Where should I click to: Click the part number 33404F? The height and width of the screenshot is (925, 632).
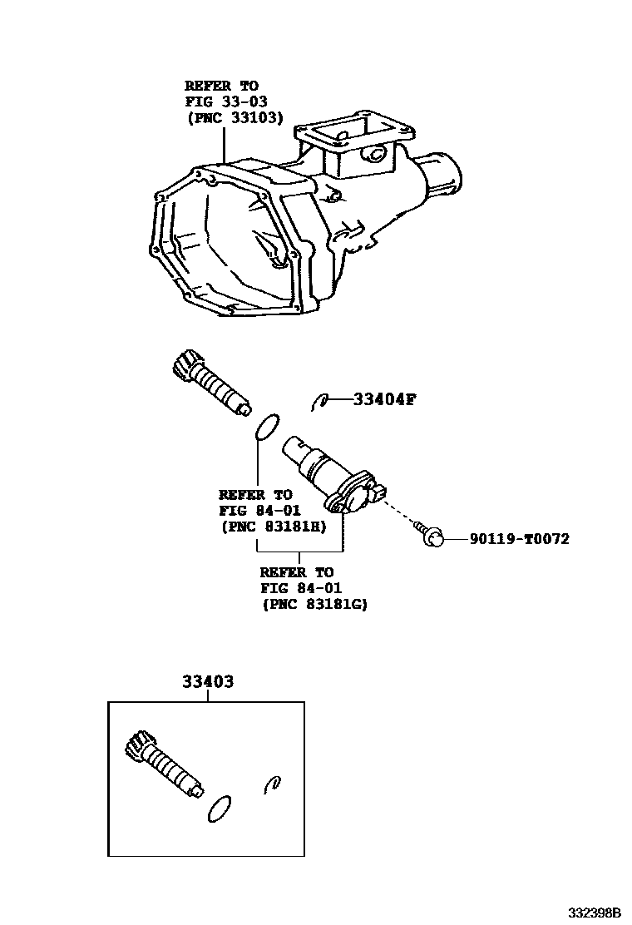tap(383, 399)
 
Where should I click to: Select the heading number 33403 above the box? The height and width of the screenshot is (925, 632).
tap(207, 682)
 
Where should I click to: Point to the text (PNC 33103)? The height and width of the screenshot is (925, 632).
tap(234, 118)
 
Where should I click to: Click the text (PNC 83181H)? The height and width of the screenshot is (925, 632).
tap(273, 527)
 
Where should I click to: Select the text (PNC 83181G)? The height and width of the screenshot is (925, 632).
tap(314, 605)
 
